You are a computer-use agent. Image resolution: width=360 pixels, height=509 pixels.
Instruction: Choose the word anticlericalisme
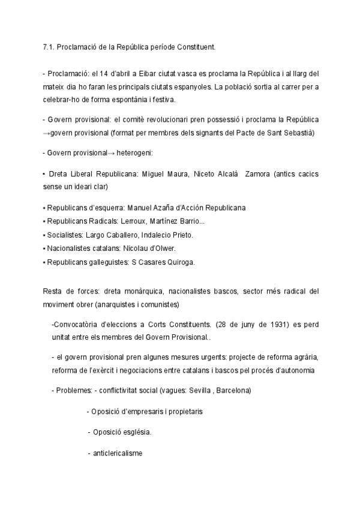click(118, 453)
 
